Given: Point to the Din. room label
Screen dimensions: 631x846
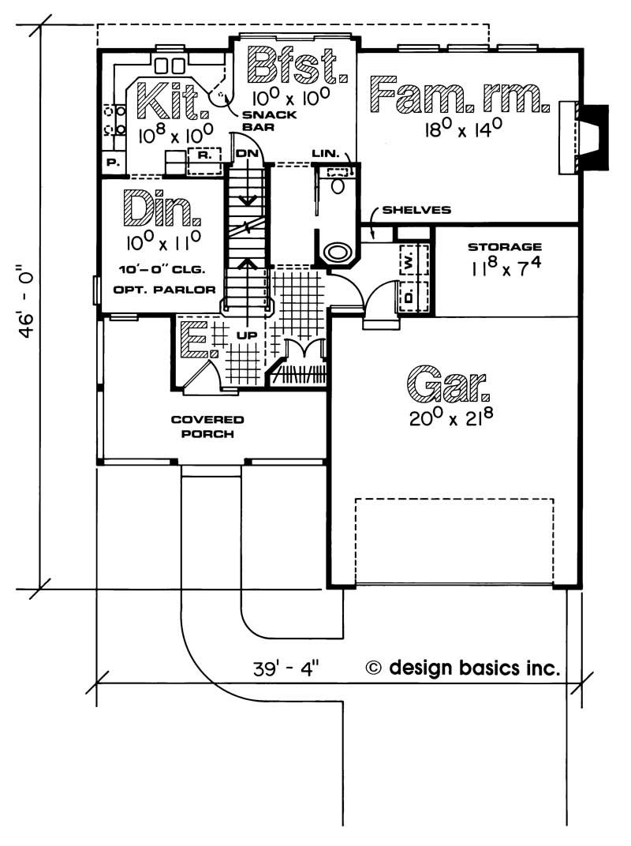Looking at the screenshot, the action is pos(162,208).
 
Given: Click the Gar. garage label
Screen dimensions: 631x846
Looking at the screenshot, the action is pos(448,384).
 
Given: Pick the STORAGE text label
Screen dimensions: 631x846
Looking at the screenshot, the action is pos(504,247).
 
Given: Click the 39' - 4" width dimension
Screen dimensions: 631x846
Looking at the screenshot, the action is pos(286,669).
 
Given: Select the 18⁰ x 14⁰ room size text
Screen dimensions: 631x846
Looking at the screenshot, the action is pos(464,129).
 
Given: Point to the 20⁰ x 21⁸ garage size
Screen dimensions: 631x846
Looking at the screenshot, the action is pos(451,417).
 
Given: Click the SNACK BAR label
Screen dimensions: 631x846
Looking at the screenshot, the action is pos(269,121).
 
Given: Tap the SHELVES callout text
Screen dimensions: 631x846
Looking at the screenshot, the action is pos(416,209).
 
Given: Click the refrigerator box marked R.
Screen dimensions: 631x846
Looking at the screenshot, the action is pos(203,155).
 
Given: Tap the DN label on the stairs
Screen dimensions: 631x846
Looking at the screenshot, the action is pos(247,153).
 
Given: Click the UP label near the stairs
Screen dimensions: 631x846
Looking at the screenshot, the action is pos(247,335).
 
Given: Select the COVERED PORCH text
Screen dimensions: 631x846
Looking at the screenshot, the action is pos(207,426).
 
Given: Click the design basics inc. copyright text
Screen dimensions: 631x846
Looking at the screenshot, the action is pos(463,668).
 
